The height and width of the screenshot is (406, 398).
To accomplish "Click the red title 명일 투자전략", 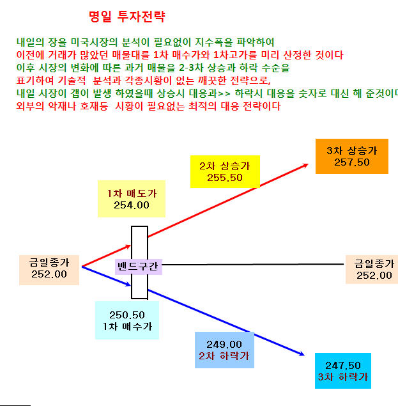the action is tap(126, 17).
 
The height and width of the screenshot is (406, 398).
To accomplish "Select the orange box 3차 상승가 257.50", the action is tap(351, 156).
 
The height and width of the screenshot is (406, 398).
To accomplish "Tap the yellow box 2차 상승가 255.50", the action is tap(225, 171).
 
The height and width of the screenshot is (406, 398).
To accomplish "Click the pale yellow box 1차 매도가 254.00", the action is tap(132, 199).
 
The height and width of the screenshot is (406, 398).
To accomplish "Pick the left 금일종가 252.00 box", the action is tap(49, 270).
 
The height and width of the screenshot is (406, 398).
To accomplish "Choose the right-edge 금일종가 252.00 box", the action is tap(372, 270).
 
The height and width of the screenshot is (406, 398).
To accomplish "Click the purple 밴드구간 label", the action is tap(139, 267).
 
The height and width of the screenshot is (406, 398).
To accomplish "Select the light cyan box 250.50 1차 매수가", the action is tap(127, 320).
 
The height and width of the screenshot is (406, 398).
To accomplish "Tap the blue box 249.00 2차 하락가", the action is tap(224, 350).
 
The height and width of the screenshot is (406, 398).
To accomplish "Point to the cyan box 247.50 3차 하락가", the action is tap(343, 371).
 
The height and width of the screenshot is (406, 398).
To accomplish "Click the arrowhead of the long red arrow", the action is tap(306, 165).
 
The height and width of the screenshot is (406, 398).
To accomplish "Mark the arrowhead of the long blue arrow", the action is tap(302, 354).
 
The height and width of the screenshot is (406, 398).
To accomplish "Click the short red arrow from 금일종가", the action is tap(106, 256).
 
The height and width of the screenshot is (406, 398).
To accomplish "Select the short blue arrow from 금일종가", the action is tap(106, 276).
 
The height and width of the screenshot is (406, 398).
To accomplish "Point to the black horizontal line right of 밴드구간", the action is tap(253, 264).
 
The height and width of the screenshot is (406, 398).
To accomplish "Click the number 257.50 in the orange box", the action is tap(351, 162).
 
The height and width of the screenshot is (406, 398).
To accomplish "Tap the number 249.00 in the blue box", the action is tap(224, 345).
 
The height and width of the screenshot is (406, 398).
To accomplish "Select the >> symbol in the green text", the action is tap(224, 94).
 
